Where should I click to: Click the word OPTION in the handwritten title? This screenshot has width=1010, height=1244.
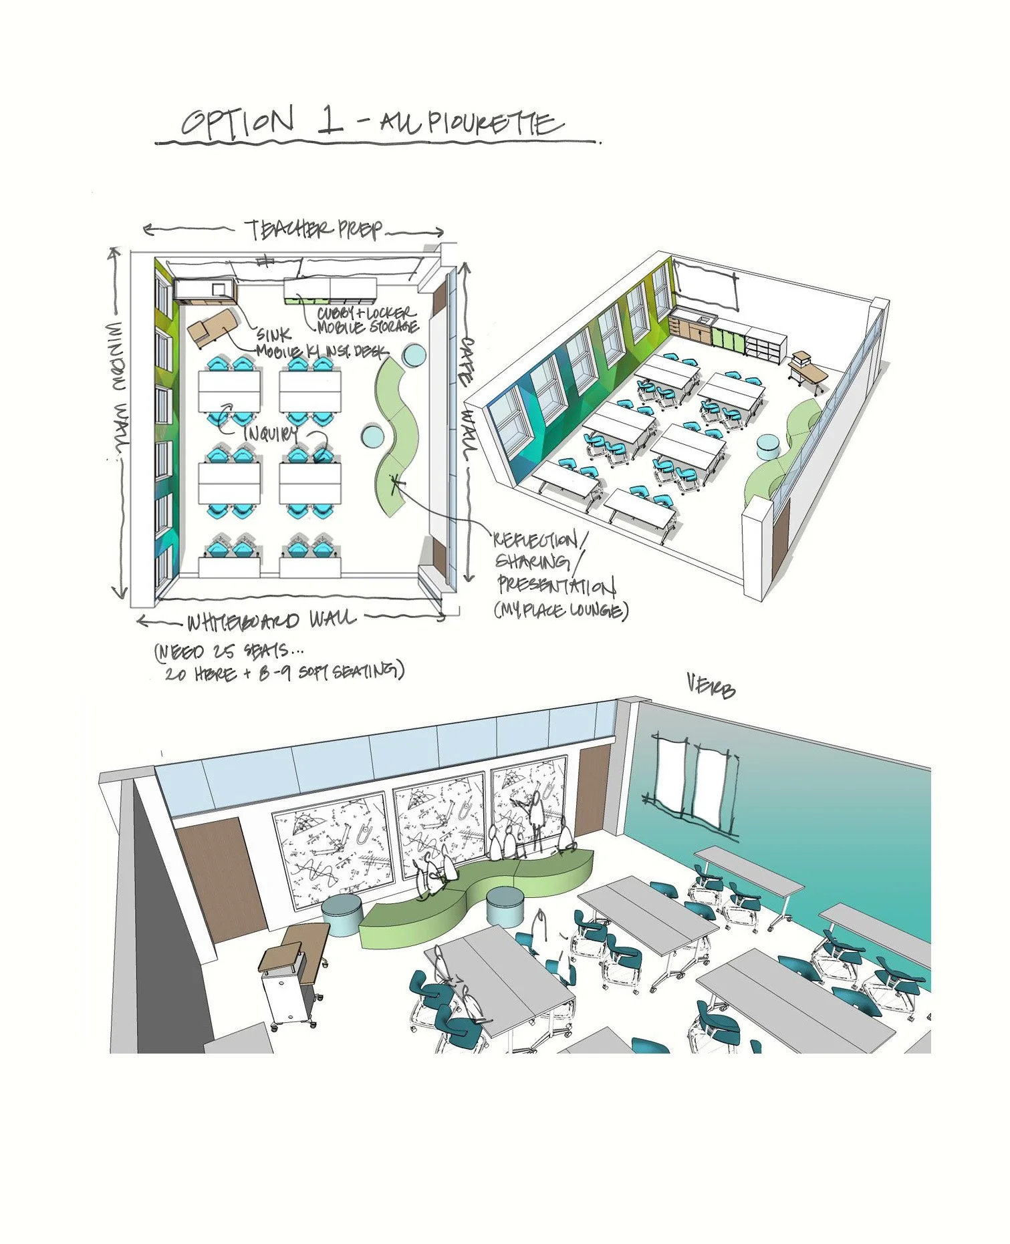pyautogui.click(x=237, y=122)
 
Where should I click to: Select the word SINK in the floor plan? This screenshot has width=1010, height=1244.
pyautogui.click(x=273, y=335)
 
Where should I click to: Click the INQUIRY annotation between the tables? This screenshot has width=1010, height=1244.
pyautogui.click(x=270, y=434)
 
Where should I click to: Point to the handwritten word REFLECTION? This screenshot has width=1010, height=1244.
pyautogui.click(x=541, y=540)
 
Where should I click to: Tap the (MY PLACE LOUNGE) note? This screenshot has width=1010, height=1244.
pyautogui.click(x=561, y=610)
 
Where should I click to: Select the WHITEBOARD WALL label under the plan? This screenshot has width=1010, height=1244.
pyautogui.click(x=271, y=621)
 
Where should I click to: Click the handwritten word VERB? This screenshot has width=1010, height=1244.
pyautogui.click(x=711, y=687)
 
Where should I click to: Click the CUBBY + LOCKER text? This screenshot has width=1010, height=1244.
pyautogui.click(x=366, y=313)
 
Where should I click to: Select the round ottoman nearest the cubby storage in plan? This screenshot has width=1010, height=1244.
pyautogui.click(x=414, y=355)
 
